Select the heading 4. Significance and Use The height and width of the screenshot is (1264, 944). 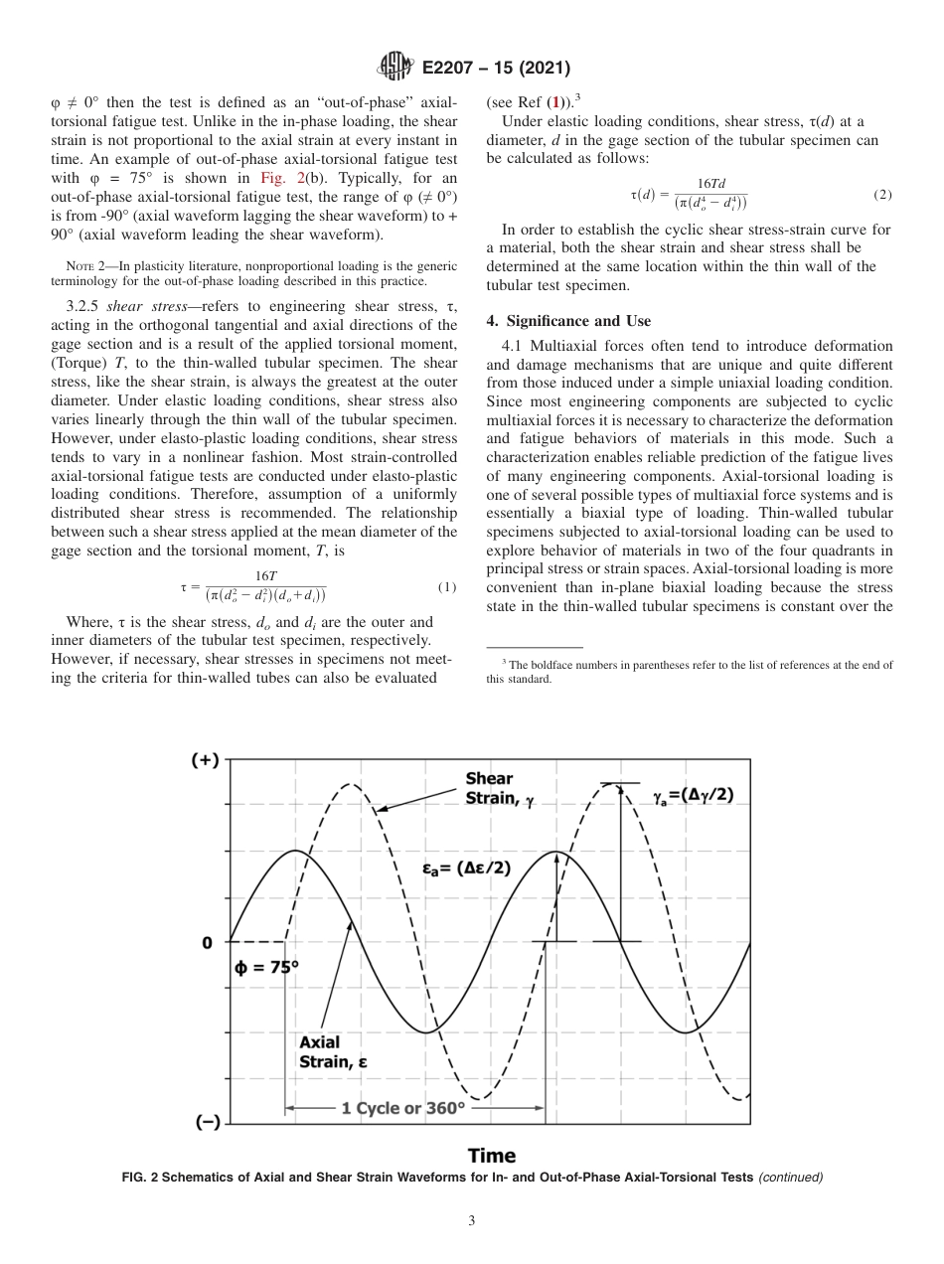568,321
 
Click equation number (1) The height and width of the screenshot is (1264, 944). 447,587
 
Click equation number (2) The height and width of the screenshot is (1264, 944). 882,195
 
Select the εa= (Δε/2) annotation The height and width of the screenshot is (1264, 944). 466,868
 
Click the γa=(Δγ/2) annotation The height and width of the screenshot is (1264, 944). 693,796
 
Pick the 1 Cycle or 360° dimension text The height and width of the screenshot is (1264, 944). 402,1108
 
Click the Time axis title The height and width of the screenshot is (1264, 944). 492,1155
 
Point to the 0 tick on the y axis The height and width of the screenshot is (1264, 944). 207,942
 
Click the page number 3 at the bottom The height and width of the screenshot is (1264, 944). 472,1220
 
